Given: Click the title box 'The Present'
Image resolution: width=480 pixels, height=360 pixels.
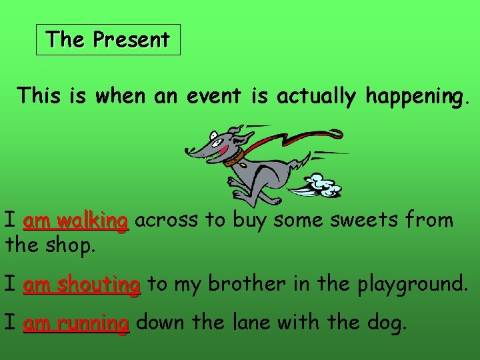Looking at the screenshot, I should pos(108,40).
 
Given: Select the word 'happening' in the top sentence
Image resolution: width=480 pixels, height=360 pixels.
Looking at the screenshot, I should pos(414,97).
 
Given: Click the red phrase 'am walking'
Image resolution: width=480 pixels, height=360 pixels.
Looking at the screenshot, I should pos(75,221).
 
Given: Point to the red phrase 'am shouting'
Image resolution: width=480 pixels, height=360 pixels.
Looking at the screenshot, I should pos(81,285).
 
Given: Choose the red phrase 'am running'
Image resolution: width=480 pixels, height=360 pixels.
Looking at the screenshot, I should pos(75,324).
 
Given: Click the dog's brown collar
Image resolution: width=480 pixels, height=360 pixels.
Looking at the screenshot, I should pos(233,159).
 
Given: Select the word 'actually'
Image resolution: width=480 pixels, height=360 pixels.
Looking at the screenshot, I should pos(317,97).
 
